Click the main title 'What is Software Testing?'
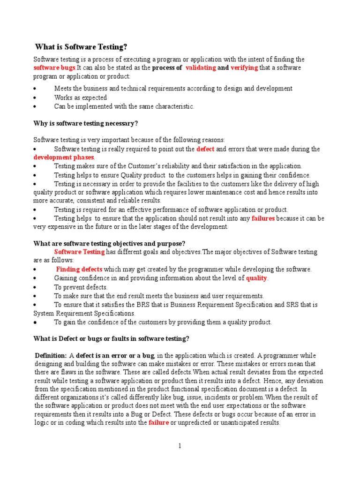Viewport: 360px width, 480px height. (81, 47)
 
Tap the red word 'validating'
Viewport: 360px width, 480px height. (201, 68)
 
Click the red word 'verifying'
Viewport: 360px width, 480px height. (244, 68)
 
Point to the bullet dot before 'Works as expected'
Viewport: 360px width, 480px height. (35, 98)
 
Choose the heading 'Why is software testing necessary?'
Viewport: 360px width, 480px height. (86, 124)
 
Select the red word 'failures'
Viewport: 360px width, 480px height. (263, 218)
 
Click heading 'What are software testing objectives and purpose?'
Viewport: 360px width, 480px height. (109, 244)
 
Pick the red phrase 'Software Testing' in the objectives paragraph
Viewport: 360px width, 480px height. (79, 252)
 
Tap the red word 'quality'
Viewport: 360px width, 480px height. (256, 278)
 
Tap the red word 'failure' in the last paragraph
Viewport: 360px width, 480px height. (158, 423)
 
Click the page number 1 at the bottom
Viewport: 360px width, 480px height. (179, 446)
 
